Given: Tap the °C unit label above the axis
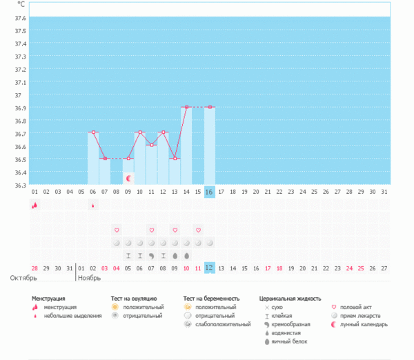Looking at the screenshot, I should [x=21, y=4].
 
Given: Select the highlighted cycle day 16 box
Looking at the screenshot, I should [x=210, y=192].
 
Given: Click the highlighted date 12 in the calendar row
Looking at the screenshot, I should [x=210, y=268].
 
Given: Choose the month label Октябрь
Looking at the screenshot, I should [x=23, y=279].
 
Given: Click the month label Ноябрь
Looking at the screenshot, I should [x=89, y=279].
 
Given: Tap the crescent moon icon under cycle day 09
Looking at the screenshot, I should [x=128, y=179].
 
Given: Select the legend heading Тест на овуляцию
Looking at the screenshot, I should [x=139, y=299].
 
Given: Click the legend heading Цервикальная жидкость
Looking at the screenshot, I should [x=290, y=299].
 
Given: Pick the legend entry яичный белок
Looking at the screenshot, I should [x=290, y=341].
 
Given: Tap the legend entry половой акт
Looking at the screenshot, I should [x=357, y=307].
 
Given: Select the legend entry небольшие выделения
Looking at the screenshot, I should [x=67, y=316].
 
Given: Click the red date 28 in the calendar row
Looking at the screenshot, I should [x=34, y=268].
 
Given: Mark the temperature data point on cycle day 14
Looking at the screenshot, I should [x=186, y=108].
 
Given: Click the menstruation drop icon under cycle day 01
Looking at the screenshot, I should [x=34, y=206].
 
